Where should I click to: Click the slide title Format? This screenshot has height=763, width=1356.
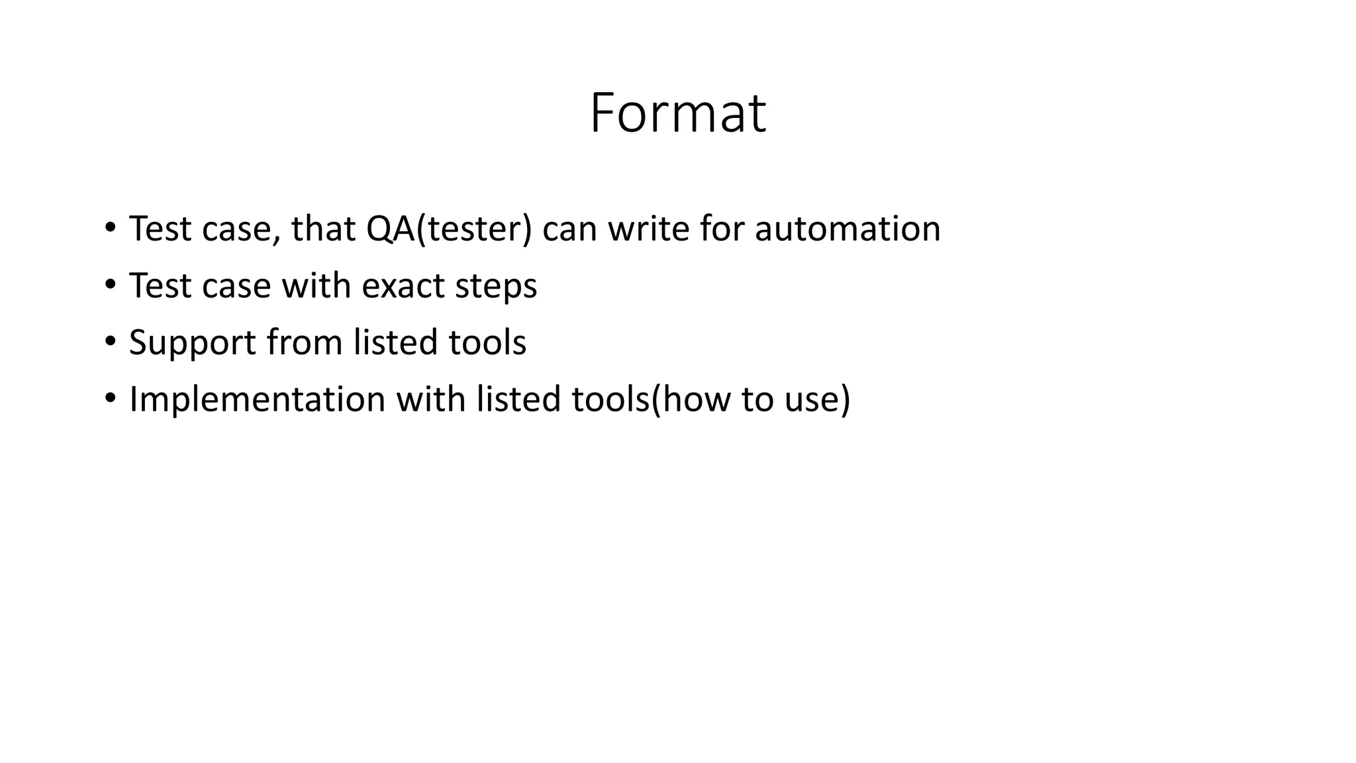click(x=677, y=114)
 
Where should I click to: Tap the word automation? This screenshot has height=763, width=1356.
click(x=847, y=229)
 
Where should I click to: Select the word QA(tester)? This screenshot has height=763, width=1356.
click(x=449, y=229)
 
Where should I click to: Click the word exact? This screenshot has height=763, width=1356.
click(x=403, y=286)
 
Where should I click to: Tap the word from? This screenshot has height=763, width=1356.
click(x=305, y=343)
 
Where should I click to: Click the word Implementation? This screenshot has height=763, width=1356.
click(x=257, y=400)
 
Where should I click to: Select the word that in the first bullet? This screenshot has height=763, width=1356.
click(x=323, y=229)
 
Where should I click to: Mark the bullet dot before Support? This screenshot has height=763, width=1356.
click(x=110, y=342)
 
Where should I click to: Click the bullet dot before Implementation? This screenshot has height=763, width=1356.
click(x=110, y=399)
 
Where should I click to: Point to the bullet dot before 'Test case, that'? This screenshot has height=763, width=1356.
click(x=110, y=228)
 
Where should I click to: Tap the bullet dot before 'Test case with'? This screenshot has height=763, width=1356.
click(x=110, y=285)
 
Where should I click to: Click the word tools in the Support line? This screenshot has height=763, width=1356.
click(x=487, y=343)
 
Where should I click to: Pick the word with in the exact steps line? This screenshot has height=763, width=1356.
click(x=316, y=286)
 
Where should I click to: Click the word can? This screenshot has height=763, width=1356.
click(x=569, y=229)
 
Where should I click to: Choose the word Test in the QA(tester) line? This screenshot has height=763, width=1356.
click(x=160, y=229)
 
